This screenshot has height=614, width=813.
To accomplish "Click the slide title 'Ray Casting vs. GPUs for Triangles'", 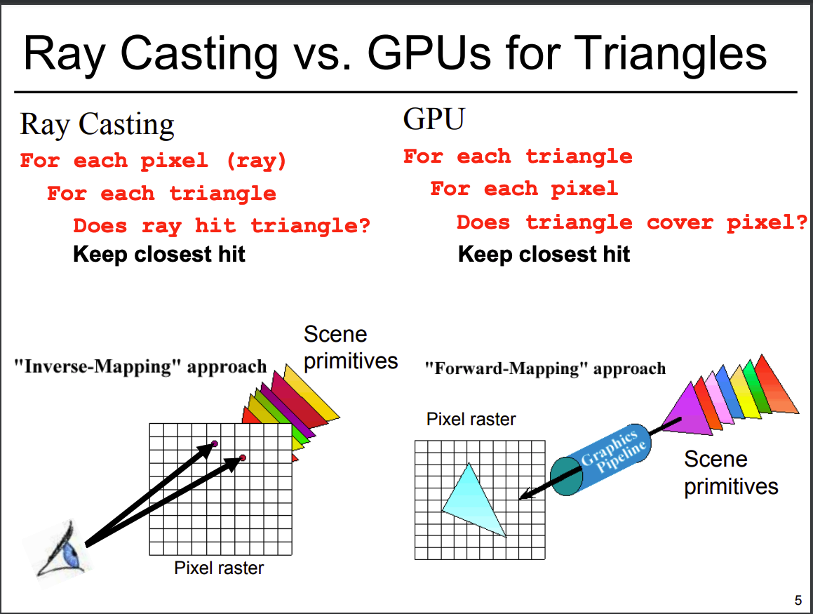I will click(395, 53).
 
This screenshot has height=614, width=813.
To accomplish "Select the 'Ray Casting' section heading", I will click(97, 125).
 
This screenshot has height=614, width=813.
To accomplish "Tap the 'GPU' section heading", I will click(434, 119).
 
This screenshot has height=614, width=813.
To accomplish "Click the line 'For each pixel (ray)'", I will click(154, 161).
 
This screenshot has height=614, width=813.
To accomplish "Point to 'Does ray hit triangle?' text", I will click(222, 225).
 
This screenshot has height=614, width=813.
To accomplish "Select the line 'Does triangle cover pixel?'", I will click(632, 222).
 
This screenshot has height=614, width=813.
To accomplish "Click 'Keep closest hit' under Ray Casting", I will click(159, 253).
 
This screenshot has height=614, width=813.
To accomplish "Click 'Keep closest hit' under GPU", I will click(544, 253).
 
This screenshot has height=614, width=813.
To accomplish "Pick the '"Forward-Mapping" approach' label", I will click(545, 368).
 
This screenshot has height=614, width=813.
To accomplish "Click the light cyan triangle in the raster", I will click(473, 500).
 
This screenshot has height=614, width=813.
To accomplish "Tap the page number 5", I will click(798, 600).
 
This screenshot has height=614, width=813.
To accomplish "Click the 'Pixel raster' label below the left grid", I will click(219, 568).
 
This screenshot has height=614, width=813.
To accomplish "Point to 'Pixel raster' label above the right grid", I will click(471, 420).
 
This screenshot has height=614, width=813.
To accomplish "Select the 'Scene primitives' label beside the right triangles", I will click(731, 472).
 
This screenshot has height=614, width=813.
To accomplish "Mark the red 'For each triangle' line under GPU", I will click(518, 156).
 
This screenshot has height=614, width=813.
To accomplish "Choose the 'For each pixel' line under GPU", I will click(524, 189).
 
